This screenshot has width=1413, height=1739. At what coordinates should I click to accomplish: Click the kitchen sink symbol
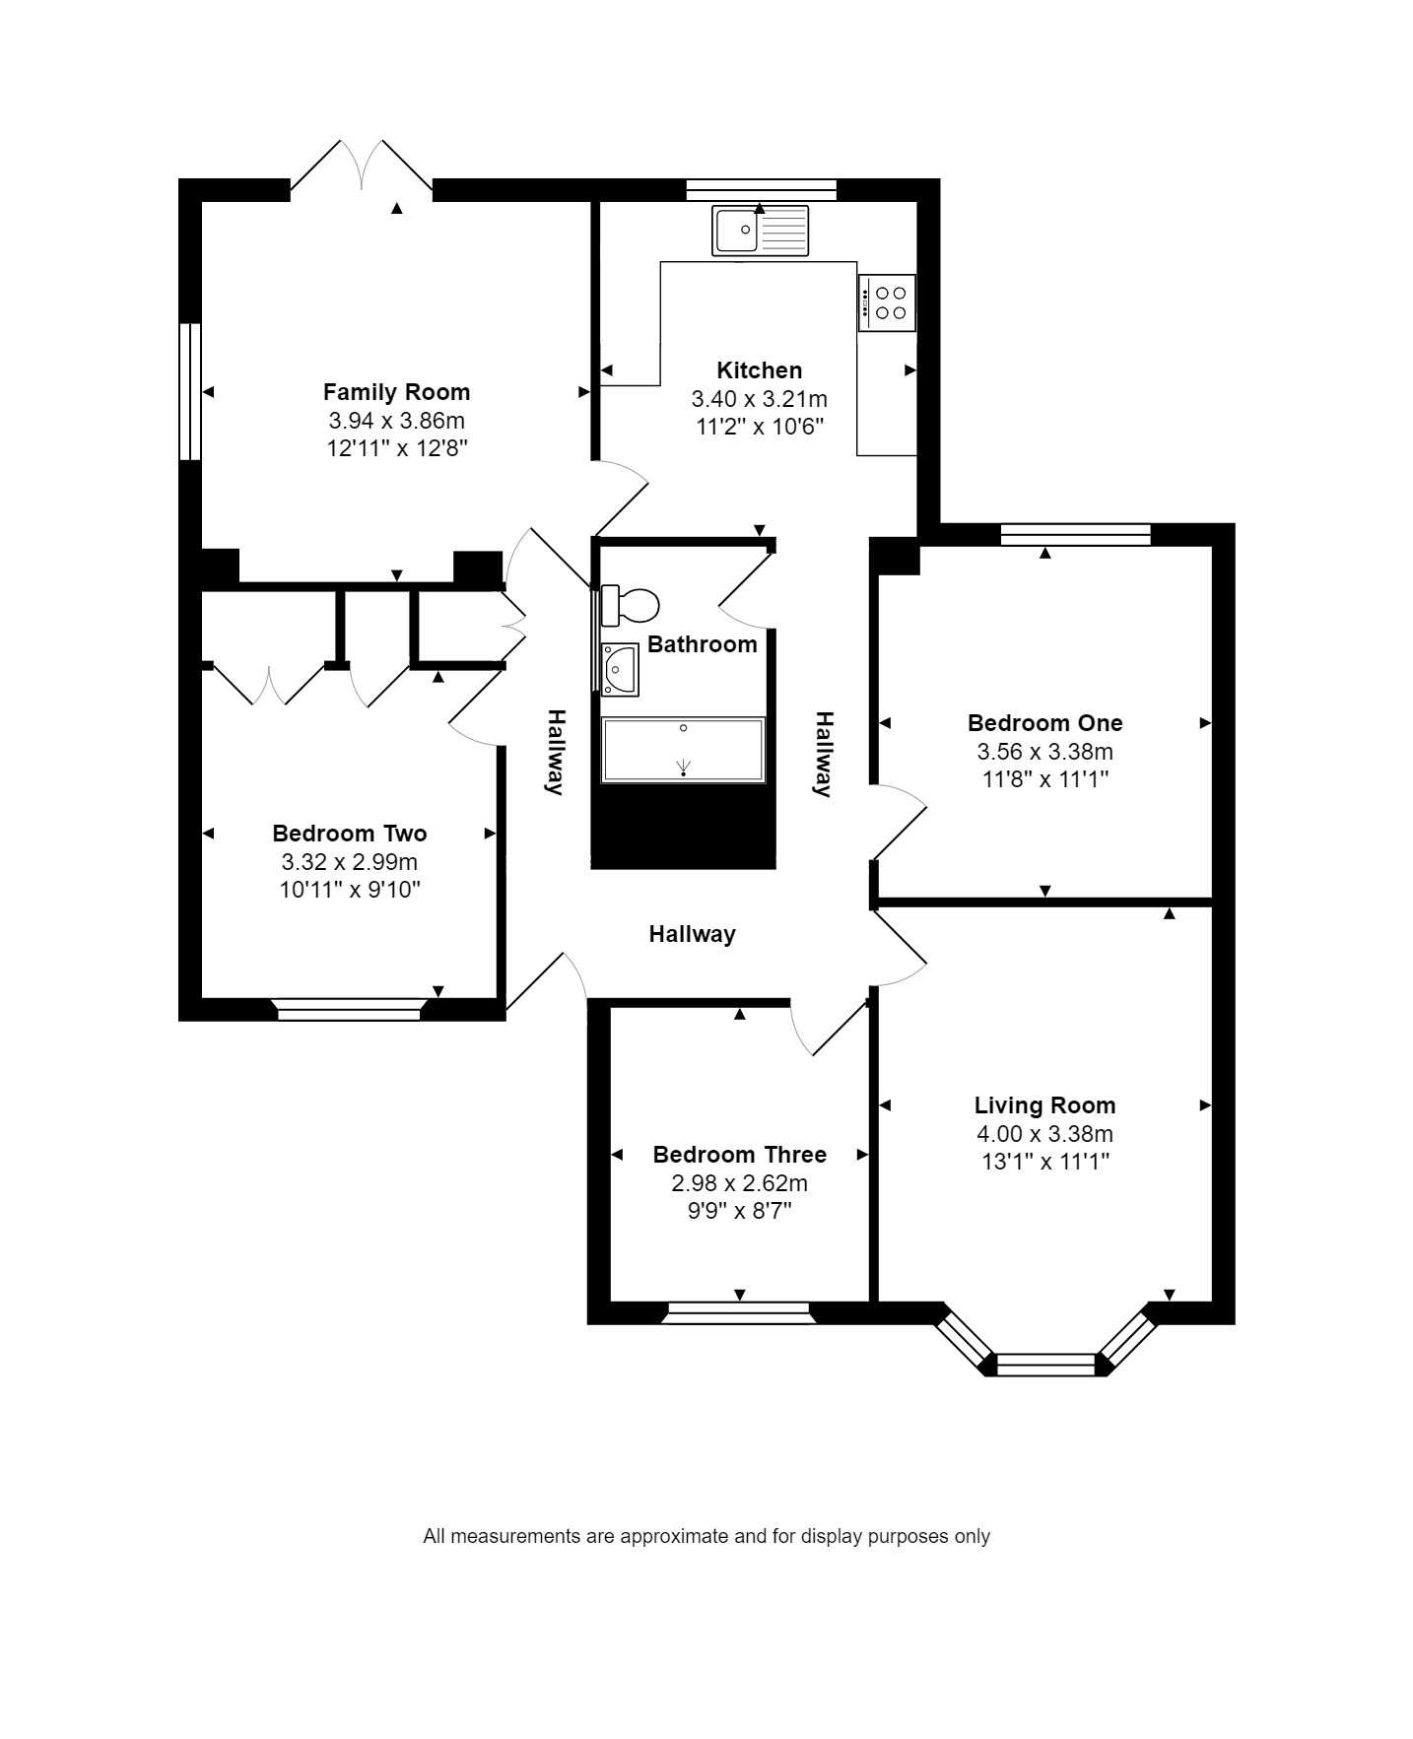click(x=760, y=231)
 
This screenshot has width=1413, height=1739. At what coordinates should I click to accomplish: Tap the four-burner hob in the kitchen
click(x=887, y=302)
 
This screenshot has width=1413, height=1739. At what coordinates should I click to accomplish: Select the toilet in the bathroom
click(x=629, y=605)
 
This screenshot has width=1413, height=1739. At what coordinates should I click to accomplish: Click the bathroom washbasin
click(x=620, y=670)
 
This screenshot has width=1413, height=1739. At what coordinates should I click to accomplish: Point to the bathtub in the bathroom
click(x=683, y=751)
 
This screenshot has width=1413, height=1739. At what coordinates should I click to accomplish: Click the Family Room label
click(x=396, y=392)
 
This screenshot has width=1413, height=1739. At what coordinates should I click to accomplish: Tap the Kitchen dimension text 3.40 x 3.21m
click(x=759, y=399)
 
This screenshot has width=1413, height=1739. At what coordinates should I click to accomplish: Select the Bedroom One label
click(x=1044, y=723)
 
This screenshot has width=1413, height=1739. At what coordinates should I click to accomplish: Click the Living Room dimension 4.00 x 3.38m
click(x=1044, y=1134)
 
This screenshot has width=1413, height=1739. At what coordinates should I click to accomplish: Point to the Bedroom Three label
click(x=739, y=1155)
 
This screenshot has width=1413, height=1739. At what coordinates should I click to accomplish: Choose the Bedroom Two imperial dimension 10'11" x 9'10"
click(x=350, y=890)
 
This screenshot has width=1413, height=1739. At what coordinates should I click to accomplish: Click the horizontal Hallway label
click(x=692, y=934)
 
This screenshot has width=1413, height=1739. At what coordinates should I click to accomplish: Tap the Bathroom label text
click(x=702, y=644)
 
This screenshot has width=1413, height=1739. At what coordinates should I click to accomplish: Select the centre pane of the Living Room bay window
click(x=1045, y=1365)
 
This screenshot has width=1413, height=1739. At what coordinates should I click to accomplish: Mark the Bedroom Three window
click(x=739, y=1312)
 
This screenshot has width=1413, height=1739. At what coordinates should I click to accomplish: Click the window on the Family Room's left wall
click(x=190, y=391)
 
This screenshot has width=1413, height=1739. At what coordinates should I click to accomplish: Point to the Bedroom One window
click(x=1075, y=534)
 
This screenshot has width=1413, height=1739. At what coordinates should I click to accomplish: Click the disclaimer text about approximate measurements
click(x=706, y=1536)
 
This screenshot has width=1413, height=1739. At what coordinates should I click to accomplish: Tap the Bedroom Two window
click(x=349, y=1009)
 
